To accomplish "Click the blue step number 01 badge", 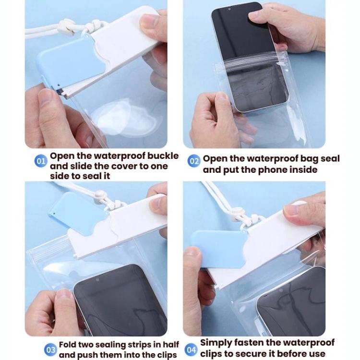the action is coord(41,161).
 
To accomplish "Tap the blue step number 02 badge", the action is coord(194,161).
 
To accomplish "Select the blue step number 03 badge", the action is coord(50,349).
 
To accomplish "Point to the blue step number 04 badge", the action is coord(191,349).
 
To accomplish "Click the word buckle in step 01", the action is coord(163,156).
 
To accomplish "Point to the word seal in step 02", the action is coord(330,158).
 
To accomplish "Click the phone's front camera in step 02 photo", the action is coord(229,10).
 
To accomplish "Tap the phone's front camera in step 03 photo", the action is coord(97,280).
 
